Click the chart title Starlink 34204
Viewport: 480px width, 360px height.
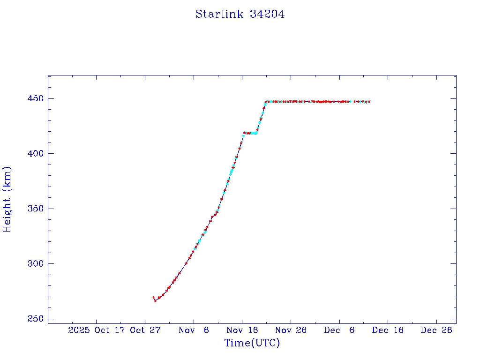point(240,15)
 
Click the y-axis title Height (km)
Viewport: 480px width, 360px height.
point(7,199)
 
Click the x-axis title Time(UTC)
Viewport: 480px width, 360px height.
point(252,344)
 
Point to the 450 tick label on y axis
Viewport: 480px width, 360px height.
point(36,99)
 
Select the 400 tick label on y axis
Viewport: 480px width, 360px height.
point(36,154)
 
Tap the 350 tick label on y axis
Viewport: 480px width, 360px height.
point(36,209)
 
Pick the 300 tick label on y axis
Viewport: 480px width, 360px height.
point(36,264)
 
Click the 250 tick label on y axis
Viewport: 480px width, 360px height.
point(36,319)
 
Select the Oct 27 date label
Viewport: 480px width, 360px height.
point(145,330)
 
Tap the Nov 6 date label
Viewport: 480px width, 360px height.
point(194,330)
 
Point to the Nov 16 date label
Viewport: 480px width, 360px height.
point(243,330)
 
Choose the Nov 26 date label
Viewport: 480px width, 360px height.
point(291,330)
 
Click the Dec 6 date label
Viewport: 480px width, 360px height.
point(339,330)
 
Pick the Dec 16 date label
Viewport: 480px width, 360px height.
point(388,330)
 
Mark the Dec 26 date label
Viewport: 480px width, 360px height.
point(436,330)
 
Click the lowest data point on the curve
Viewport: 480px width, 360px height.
point(155,300)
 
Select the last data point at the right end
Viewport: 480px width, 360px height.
point(369,102)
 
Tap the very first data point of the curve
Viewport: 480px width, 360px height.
point(153,298)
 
